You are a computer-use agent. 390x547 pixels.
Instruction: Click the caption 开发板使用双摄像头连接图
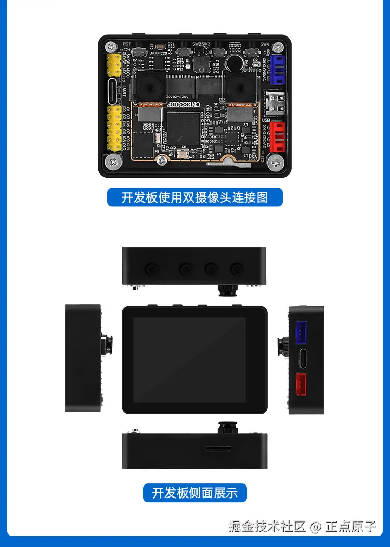[x=195, y=197]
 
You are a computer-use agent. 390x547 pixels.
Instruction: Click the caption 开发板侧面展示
[x=195, y=492]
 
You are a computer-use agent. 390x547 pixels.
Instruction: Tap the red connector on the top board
[x=277, y=137]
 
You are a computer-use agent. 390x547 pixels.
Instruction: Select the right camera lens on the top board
[x=240, y=86]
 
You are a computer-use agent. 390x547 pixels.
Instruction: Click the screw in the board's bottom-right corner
[x=276, y=163]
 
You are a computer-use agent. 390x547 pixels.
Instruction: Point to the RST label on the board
[x=127, y=43]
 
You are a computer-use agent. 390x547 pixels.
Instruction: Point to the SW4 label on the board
[x=265, y=44]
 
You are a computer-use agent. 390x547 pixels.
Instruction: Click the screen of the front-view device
[x=189, y=359]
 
